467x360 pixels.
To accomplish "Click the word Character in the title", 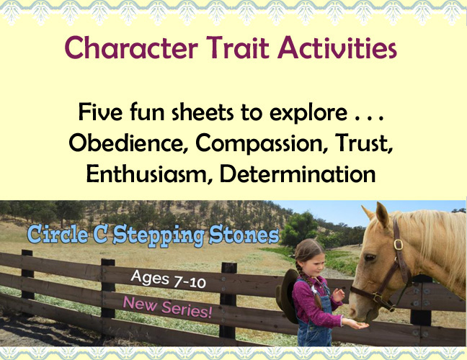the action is tap(131, 48).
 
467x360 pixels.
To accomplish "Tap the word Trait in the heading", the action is tap(237, 48).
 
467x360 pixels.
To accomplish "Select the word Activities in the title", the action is tap(337, 48).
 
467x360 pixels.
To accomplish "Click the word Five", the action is tap(100, 112).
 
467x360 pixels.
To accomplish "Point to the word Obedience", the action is tap(129, 143).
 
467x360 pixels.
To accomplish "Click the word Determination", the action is tap(297, 174).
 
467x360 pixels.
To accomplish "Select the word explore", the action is tap(308, 113).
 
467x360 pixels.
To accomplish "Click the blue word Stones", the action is tap(244, 235).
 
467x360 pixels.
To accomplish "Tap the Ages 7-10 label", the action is tap(168, 279).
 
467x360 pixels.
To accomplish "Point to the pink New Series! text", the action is tap(167, 307).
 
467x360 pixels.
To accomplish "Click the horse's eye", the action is tap(370, 257).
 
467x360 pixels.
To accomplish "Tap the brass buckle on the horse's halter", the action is tap(399, 245).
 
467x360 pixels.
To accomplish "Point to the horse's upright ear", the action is tap(382, 215).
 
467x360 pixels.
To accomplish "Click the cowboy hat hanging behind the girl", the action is tap(287, 296).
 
